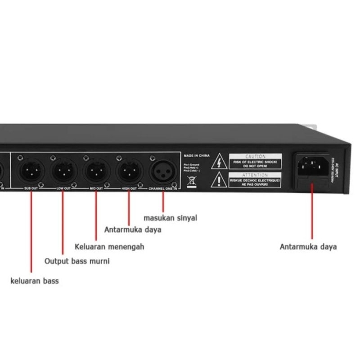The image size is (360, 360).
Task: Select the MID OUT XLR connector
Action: [x=94, y=171]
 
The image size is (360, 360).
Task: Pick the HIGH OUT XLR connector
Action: [x=128, y=171]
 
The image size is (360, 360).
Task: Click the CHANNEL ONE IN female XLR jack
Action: [x=163, y=171]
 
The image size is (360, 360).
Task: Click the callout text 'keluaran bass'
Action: [x=35, y=281]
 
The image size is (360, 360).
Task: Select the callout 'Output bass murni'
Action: [x=76, y=261]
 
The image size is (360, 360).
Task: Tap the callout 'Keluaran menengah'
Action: [x=109, y=247]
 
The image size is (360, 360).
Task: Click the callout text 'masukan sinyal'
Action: [x=170, y=218]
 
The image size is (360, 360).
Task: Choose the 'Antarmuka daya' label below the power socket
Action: [x=308, y=247]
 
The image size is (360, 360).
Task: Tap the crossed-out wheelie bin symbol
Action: [x=191, y=181]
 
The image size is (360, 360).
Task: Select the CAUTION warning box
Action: [x=255, y=161]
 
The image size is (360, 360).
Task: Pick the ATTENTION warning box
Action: [x=255, y=179]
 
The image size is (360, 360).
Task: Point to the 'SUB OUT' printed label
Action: [x=31, y=189]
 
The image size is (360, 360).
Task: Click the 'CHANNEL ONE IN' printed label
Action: [x=163, y=189]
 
